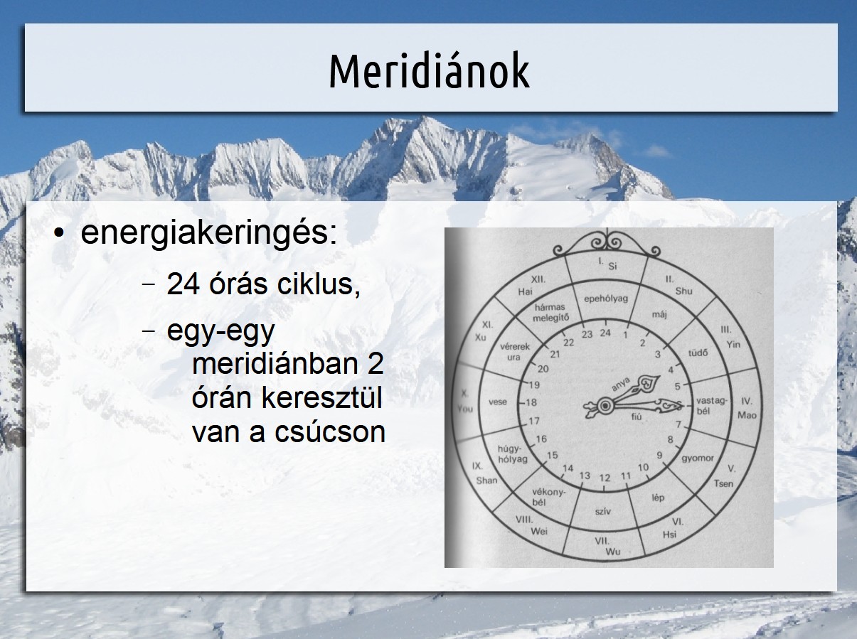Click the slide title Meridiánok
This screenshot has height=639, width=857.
click(430, 71)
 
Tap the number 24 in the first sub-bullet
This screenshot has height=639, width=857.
click(183, 284)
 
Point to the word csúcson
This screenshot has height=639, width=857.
click(330, 432)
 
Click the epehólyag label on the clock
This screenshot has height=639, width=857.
click(606, 299)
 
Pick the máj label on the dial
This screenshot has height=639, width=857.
click(659, 314)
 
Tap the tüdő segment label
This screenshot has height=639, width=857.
click(698, 353)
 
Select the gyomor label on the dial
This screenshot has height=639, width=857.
click(698, 458)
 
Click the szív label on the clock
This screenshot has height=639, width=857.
click(603, 511)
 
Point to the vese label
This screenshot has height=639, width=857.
click(498, 402)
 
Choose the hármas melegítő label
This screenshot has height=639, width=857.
click(550, 313)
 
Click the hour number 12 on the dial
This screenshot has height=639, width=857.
click(605, 478)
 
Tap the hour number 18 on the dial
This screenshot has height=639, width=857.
click(531, 402)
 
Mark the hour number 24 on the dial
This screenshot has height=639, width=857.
click(605, 333)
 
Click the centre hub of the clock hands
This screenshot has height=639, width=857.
click(605, 406)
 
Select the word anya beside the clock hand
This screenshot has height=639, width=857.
click(621, 384)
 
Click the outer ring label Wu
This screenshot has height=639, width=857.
click(612, 552)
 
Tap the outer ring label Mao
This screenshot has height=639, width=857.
click(747, 415)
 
